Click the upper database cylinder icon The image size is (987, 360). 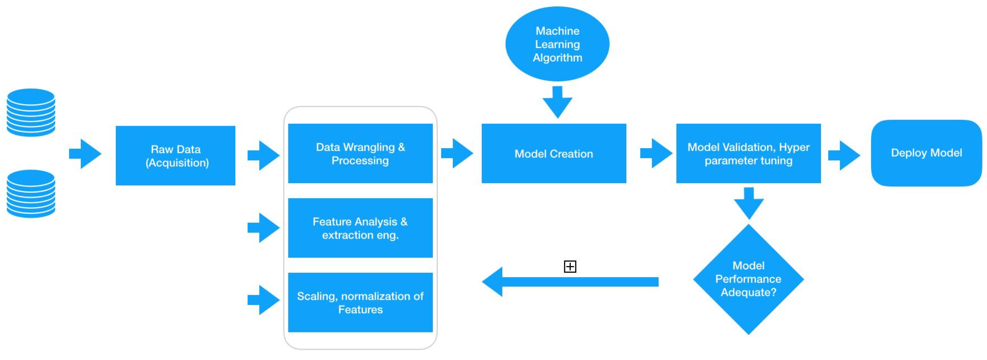pos(31,113)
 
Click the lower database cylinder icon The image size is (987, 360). pos(31,194)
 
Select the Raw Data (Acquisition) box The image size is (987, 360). pos(175,156)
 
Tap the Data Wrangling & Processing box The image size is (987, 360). pos(360,153)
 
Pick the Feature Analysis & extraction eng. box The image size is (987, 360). pos(360,228)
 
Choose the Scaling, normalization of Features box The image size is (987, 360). pos(360,303)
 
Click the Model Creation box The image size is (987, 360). pos(554,153)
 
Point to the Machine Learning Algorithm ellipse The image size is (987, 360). pos(558,44)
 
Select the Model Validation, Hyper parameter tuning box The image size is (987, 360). pos(748,153)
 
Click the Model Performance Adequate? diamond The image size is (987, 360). pos(748,279)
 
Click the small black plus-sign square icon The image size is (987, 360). pos(570,267)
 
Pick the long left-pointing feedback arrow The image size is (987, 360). pos(570,282)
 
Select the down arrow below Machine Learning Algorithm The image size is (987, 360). pos(558,102)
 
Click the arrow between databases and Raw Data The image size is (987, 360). pos(85,154)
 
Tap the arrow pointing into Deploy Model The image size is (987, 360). pos(844,155)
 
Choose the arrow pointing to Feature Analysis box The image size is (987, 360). pos(264,228)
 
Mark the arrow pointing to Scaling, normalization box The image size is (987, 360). pos(264,300)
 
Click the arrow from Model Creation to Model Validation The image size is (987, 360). pos(656,153)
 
